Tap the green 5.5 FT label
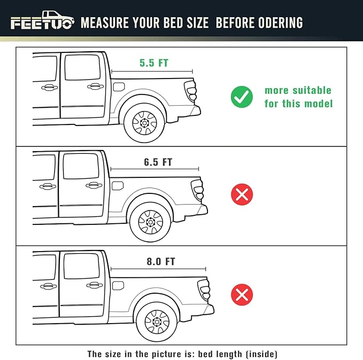tap(154, 63)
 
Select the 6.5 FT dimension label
tap(158, 162)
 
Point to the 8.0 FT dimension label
tap(161, 261)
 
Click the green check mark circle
tap(242, 97)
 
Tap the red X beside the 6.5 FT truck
tap(242, 194)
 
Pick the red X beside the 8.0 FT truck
tap(242, 294)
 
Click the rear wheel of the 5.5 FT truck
tap(144, 123)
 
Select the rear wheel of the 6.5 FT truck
tap(150, 222)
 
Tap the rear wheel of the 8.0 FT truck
tap(157, 322)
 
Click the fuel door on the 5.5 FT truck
tap(119, 87)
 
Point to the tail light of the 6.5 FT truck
tap(197, 190)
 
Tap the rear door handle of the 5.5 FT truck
tap(95, 87)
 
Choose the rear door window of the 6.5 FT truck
tap(81, 166)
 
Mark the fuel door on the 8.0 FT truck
tap(118, 286)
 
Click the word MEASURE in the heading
tap(105, 22)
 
